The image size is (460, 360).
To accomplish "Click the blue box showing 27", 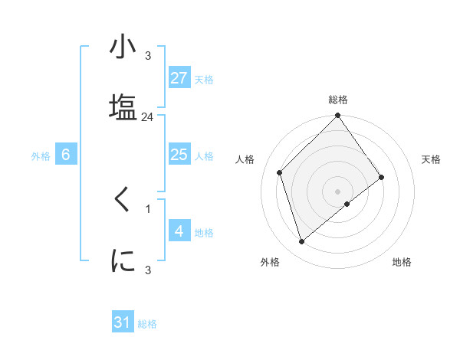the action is [179, 78].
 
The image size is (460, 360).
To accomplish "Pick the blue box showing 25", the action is [179, 155].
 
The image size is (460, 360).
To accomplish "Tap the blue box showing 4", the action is [179, 231].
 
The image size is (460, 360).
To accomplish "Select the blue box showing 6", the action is [66, 155].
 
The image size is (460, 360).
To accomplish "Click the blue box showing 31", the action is [123, 322].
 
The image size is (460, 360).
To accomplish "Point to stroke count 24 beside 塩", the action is [148, 117].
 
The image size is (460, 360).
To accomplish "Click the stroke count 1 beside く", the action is [148, 208].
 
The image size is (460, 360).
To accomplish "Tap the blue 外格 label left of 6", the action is [41, 156].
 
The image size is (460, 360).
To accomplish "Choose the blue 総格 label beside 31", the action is [147, 324].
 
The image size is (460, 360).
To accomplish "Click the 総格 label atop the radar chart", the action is [338, 100].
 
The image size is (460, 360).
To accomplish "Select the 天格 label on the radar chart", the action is [432, 159].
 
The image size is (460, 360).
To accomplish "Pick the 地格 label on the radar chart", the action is [402, 262].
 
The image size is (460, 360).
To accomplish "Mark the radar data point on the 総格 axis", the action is [338, 116].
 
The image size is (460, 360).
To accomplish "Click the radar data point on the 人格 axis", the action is [280, 172].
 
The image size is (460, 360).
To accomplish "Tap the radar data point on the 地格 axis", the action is [347, 204].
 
